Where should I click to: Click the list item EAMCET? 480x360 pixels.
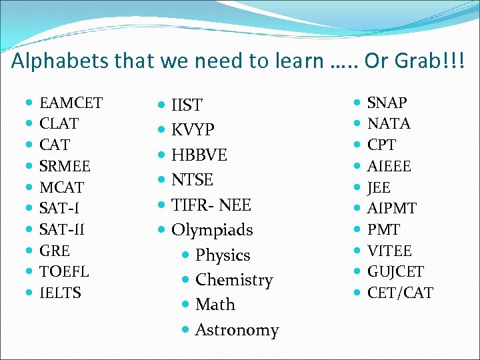coord(71,103)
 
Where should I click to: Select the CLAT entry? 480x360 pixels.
coord(59,123)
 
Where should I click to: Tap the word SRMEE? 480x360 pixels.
coord(65,165)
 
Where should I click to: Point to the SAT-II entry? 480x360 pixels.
coord(62,229)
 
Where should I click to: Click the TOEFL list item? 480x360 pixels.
coord(64,271)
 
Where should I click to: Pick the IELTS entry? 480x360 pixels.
coord(60,293)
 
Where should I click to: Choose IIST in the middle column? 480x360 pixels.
coord(187,105)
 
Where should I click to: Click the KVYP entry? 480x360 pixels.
coord(193,130)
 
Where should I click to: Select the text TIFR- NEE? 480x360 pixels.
coord(211,205)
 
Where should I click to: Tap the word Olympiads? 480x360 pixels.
coord(212,230)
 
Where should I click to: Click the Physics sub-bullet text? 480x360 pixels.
coord(223,255)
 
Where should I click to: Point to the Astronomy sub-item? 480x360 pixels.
coord(237,330)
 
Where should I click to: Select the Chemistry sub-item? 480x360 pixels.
coord(234,280)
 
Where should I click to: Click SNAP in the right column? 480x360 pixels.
coord(387,103)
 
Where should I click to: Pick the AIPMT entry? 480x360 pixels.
coord(391,208)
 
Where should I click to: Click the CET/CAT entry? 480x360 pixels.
coord(400,293)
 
